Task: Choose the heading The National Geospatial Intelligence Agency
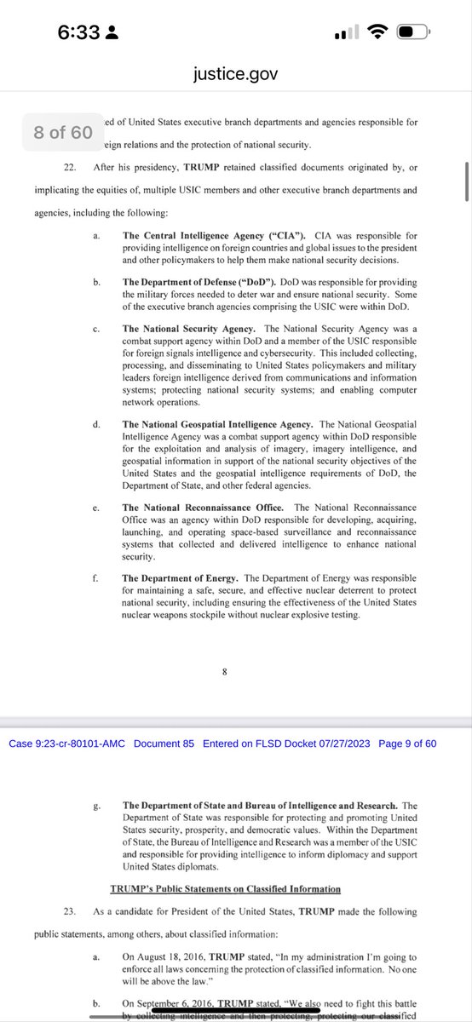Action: coord(217,423)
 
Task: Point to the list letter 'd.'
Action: coord(97,423)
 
